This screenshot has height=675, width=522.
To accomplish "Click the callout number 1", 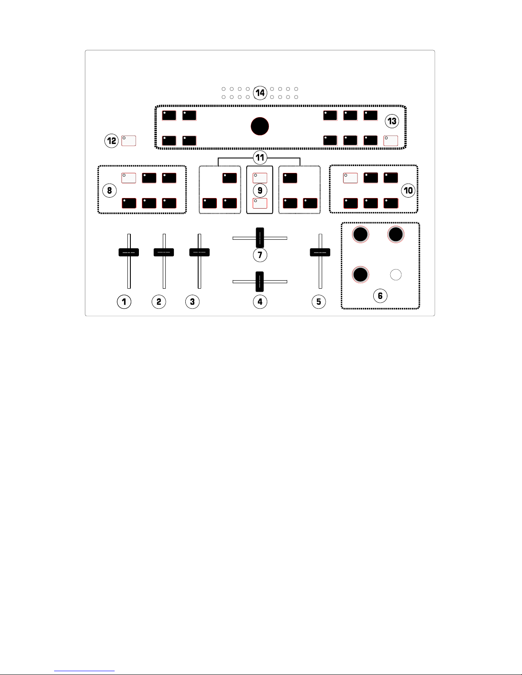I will click(x=124, y=302).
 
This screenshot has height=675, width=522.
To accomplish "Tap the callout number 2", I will click(x=159, y=302).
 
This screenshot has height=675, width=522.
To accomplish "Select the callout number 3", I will click(x=193, y=302).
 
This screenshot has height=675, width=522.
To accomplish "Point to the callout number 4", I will click(x=260, y=302).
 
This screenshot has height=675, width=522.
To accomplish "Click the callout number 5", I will click(x=319, y=302).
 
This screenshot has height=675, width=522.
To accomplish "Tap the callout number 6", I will click(x=380, y=296).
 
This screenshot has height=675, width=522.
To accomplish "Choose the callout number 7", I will click(x=260, y=255).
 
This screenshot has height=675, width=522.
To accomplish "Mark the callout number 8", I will click(x=110, y=190).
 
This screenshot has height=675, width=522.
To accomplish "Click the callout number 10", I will click(x=409, y=190).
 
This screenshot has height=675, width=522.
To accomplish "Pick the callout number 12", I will click(x=112, y=141).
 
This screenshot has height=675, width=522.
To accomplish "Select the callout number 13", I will click(x=392, y=121).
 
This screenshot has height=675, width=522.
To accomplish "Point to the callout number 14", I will click(x=260, y=92).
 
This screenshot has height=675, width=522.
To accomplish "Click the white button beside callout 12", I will click(x=129, y=141).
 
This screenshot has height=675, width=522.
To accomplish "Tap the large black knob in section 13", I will click(x=260, y=126).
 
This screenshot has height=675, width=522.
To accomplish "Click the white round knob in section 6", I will click(x=396, y=275).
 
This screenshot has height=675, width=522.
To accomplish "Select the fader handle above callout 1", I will click(x=129, y=252).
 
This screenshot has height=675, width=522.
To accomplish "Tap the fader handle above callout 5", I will click(x=320, y=252).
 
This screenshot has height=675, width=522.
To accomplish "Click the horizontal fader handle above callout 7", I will click(x=260, y=238).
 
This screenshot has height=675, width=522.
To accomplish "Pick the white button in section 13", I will click(x=391, y=141).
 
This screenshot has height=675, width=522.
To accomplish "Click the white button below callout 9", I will click(x=260, y=203).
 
